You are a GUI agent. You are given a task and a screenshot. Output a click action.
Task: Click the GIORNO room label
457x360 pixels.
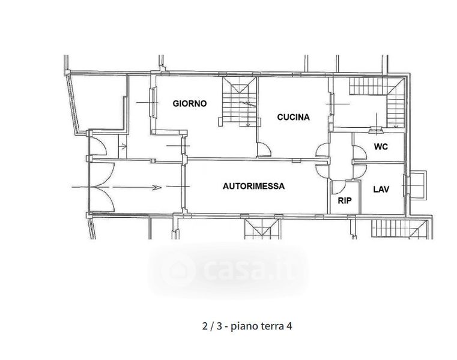(x=189, y=103)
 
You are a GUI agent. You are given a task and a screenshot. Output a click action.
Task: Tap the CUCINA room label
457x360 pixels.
(x=293, y=117)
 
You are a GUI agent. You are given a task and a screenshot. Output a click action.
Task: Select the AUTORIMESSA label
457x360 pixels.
(x=253, y=186)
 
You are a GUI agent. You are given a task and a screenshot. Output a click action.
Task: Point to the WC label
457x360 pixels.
(x=381, y=146)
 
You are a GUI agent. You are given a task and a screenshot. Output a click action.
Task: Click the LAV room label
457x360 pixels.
(x=381, y=190)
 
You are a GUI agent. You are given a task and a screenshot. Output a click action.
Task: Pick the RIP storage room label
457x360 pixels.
(x=345, y=200)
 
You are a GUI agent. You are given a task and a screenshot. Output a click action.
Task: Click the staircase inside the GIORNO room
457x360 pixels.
(x=239, y=101)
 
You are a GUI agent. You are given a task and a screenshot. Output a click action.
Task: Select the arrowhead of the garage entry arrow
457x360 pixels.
(x=157, y=188)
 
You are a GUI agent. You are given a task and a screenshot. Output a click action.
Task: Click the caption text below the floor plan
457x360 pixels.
(x=247, y=326)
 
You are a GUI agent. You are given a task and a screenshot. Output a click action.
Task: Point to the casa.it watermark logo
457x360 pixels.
(x=228, y=270)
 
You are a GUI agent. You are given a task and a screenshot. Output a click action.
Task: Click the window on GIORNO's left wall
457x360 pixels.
(x=153, y=103)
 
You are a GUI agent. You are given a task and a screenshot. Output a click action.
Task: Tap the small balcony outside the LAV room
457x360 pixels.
(x=416, y=185)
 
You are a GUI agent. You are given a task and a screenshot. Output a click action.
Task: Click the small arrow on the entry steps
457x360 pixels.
(x=123, y=146)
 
